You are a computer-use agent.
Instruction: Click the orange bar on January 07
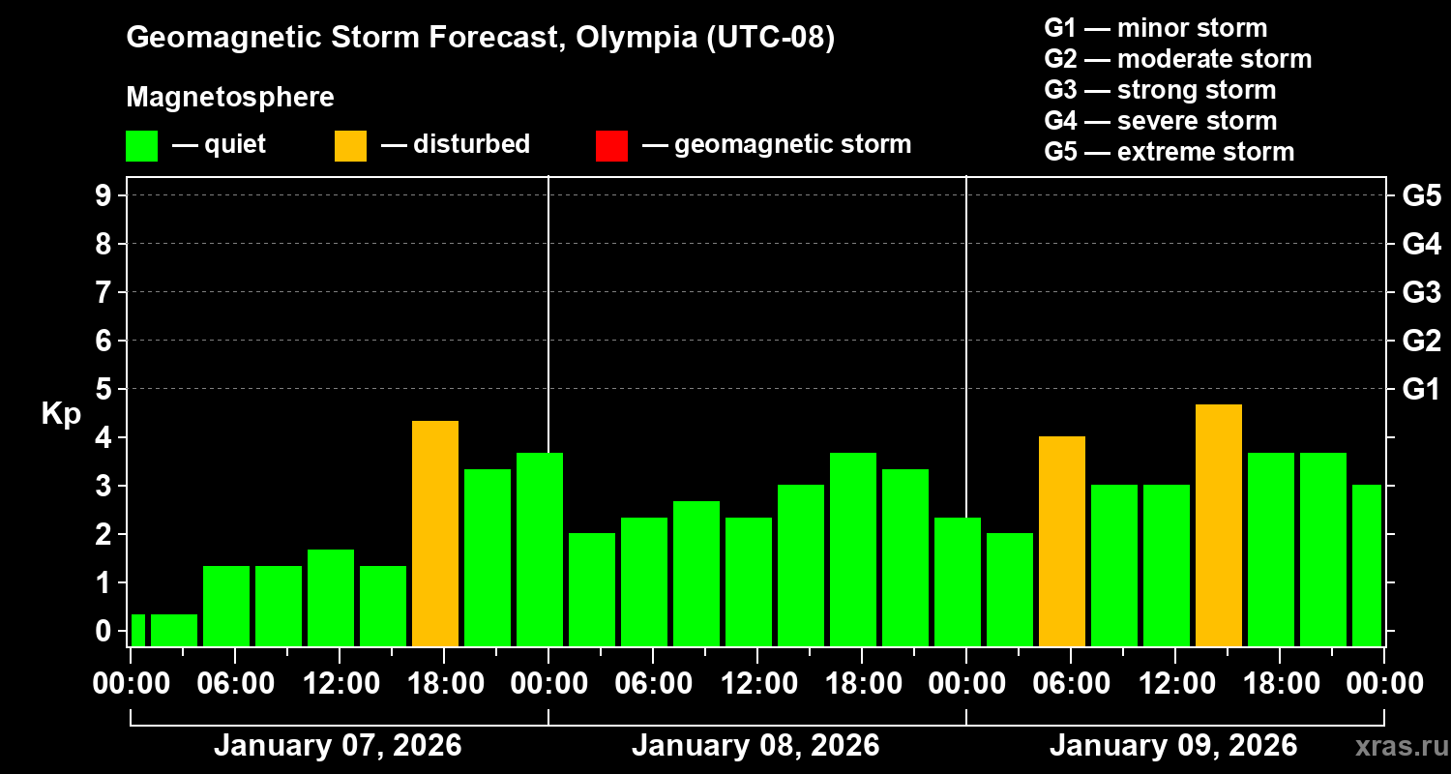tap(435, 533)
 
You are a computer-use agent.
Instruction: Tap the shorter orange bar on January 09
tap(1062, 541)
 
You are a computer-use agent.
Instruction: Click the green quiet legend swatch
tap(142, 146)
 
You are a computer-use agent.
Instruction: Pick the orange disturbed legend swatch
tap(351, 146)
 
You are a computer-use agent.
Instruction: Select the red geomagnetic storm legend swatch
tap(612, 146)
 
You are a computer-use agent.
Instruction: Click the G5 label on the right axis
tap(1421, 195)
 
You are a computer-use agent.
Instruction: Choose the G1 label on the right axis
tap(1421, 389)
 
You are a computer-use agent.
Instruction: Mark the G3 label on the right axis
tap(1421, 292)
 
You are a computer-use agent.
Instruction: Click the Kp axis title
tap(61, 414)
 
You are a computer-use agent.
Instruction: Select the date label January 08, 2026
tap(755, 746)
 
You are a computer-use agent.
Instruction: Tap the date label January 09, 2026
tap(1173, 746)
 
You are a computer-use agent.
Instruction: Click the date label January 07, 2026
tap(338, 746)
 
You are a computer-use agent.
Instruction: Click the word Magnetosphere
tap(230, 98)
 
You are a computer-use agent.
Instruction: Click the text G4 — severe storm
tap(1161, 121)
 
